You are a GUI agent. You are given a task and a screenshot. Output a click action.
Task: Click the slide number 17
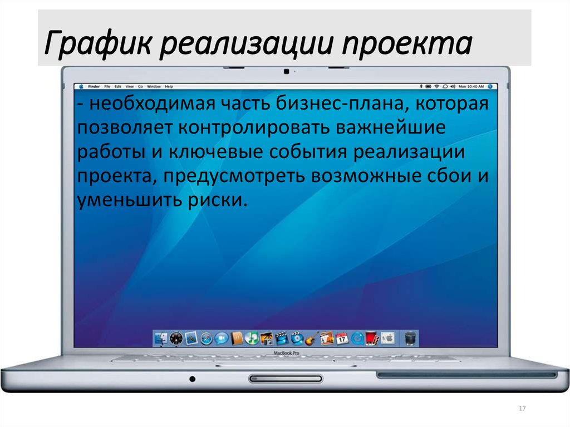[x=522, y=409]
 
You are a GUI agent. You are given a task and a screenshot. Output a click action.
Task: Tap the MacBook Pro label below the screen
[x=286, y=354]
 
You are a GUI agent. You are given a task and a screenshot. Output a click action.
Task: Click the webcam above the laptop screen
[x=286, y=72]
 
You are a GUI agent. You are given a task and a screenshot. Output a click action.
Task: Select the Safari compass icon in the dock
[x=207, y=337]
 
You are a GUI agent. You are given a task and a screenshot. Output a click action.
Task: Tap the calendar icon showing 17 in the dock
[x=342, y=337]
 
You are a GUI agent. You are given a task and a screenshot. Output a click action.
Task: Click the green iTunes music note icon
[x=252, y=337]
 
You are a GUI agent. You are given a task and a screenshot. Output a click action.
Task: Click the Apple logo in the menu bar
[x=81, y=87]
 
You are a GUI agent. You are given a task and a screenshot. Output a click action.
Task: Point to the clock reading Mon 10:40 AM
[x=471, y=87]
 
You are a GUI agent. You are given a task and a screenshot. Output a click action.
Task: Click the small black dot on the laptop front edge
[x=193, y=379]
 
